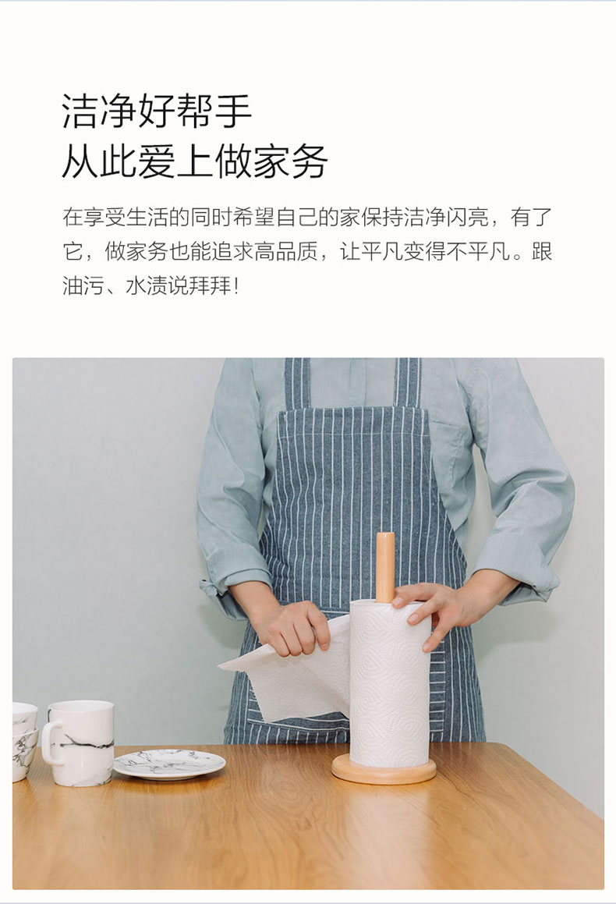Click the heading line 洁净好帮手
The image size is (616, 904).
pos(156,111)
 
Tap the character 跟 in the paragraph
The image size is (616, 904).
pos(542,251)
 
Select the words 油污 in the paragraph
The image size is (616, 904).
pos(83,285)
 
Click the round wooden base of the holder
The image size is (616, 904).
pos(384,771)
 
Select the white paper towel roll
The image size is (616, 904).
pos(390,684)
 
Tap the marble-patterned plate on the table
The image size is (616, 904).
pos(169,764)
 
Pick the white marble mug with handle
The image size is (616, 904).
pos(79,743)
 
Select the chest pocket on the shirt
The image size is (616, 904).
pos(450,456)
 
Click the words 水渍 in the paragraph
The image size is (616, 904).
pos(147,285)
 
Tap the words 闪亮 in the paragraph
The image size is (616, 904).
pos(467,218)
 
